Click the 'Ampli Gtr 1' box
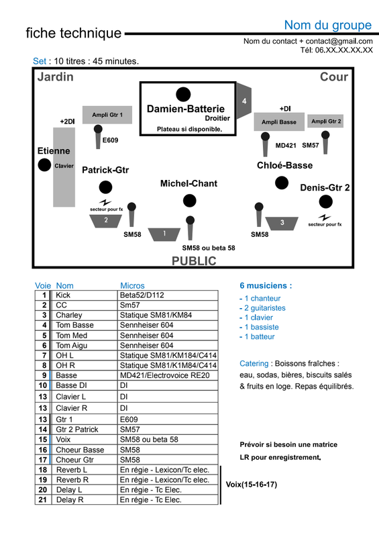[107, 115]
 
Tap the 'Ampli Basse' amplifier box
[279, 121]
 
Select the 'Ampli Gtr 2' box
[325, 121]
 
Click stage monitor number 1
[164, 234]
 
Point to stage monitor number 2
[106, 221]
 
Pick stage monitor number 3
[282, 224]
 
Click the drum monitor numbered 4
[243, 101]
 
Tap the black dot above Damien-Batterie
[183, 94]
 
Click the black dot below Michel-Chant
[190, 201]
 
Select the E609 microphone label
[110, 140]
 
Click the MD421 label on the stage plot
[286, 146]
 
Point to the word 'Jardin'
[56, 77]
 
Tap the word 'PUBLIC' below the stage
[194, 261]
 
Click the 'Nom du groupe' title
[328, 25]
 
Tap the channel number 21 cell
[43, 499]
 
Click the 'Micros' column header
[132, 286]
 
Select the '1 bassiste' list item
[259, 327]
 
